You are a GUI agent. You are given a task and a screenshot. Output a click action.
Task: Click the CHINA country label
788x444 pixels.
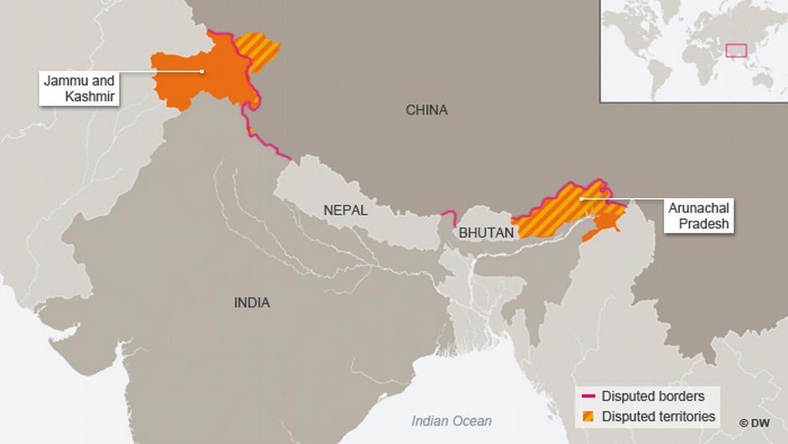click(427, 110)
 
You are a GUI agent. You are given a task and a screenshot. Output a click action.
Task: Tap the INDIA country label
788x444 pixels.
click(251, 303)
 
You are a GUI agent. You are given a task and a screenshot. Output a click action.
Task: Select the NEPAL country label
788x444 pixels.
click(345, 211)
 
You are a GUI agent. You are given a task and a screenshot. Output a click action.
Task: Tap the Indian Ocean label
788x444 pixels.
click(451, 420)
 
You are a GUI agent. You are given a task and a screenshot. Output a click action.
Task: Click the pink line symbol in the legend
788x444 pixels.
click(588, 395)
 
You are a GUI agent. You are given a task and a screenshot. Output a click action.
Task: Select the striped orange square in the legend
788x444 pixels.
click(588, 415)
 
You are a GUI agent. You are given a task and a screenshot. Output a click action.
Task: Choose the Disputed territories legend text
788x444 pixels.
click(658, 415)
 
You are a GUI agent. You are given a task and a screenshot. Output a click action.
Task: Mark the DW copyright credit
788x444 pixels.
click(755, 422)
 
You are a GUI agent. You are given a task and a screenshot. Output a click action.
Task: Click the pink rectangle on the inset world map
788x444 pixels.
click(736, 50)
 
